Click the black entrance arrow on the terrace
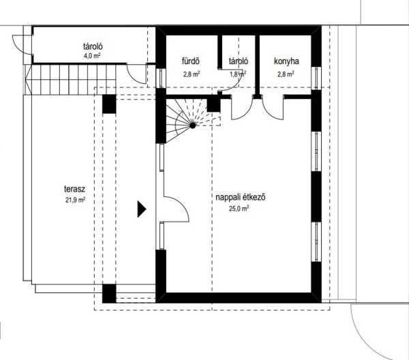(141, 209)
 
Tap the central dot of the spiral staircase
(192, 125)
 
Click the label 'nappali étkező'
(241, 197)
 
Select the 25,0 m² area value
(239, 209)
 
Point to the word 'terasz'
(74, 189)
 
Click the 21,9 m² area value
(75, 200)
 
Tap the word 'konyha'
(286, 61)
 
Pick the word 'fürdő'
(191, 61)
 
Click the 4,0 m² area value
(92, 56)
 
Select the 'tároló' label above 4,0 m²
(93, 46)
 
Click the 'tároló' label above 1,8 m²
(239, 61)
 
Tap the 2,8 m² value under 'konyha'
(286, 74)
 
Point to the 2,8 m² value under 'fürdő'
(192, 74)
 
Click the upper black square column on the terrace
(109, 104)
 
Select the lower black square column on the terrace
(109, 293)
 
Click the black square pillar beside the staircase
(214, 105)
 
